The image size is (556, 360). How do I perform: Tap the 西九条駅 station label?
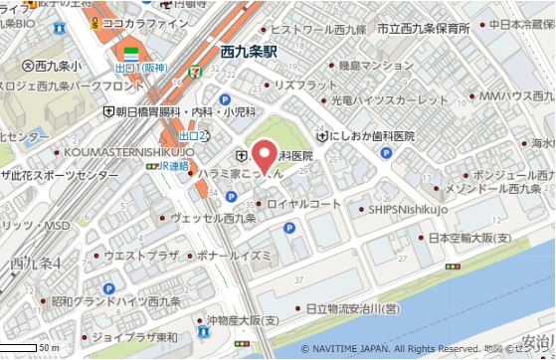[x=248, y=48]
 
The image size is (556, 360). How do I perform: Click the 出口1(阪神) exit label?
[x=140, y=67]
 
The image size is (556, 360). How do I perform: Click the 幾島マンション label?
[x=347, y=66]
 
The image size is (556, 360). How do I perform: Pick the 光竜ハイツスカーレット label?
[x=389, y=100]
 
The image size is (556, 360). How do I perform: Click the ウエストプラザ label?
[x=141, y=255]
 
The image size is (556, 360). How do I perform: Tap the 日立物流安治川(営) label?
[x=352, y=309]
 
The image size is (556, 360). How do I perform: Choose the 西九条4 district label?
[x=36, y=264]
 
